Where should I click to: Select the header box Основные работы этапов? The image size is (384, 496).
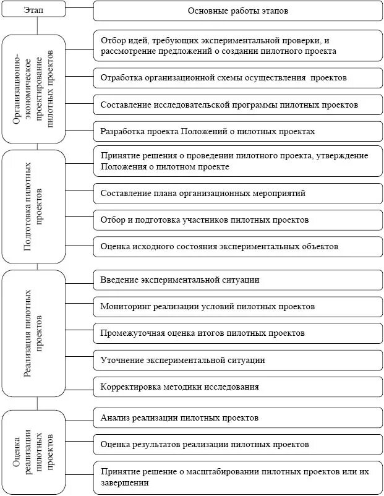[x=237, y=11]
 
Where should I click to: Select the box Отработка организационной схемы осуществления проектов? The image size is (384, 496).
[x=237, y=78]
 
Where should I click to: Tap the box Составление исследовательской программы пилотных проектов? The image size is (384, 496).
[x=237, y=105]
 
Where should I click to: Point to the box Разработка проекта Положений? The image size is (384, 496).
[x=237, y=131]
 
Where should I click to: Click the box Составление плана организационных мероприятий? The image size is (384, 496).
[x=237, y=193]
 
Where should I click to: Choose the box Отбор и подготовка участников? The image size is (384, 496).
[x=237, y=220]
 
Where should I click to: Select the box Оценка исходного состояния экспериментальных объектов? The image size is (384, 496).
[x=237, y=246]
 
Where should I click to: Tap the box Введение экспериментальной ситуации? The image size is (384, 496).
[x=237, y=280]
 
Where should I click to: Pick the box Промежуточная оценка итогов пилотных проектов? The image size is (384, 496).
[x=237, y=333]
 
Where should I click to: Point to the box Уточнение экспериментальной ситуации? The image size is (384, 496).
[x=237, y=359]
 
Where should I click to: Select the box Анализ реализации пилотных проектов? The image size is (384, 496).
[x=237, y=417]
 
